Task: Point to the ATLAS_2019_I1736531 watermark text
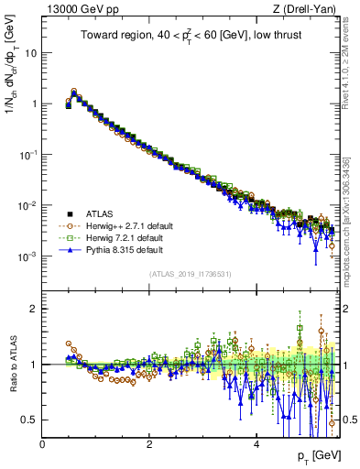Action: click(189, 274)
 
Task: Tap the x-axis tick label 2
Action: click(149, 444)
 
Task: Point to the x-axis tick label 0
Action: click(42, 444)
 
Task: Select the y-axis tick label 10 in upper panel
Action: click(31, 52)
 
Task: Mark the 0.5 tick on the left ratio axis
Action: click(29, 420)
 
